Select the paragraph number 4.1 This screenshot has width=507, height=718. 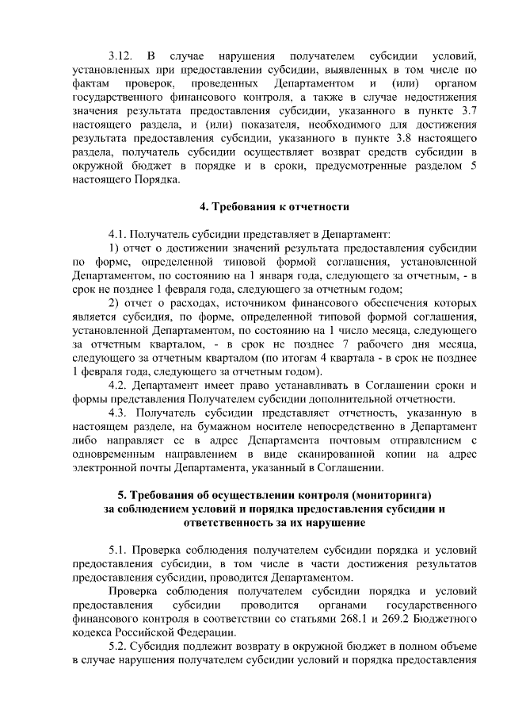coord(119,235)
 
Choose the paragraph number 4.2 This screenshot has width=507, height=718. coord(119,385)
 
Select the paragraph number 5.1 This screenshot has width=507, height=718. coord(119,550)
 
